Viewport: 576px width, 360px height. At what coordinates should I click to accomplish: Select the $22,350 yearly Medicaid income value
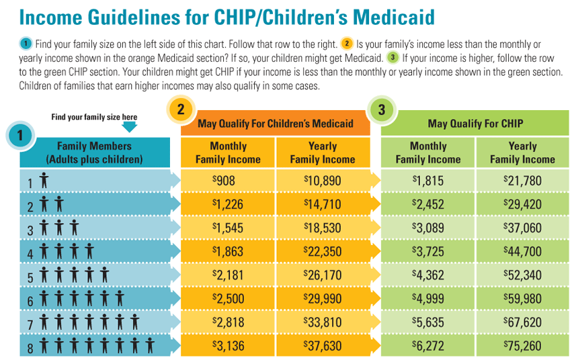point(323,252)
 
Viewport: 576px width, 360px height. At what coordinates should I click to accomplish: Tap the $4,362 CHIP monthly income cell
point(428,275)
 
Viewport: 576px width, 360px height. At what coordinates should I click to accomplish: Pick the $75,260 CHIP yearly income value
point(522,346)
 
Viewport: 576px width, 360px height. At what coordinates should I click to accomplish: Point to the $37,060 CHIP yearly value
point(522,228)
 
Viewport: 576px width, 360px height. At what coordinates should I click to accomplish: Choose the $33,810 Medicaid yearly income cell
point(323,322)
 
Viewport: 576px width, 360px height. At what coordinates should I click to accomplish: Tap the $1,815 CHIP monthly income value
point(428,181)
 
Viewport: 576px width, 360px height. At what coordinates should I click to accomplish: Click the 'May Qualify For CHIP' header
point(475,124)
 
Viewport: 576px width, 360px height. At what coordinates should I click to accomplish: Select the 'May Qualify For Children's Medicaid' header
point(276,124)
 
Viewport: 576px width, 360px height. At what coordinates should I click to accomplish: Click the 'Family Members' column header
point(95,152)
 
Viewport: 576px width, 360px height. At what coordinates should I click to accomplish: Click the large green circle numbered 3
point(381,109)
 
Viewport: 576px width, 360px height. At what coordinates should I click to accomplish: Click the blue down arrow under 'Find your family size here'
point(130,126)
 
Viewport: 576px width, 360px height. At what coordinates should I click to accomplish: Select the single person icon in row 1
point(44,181)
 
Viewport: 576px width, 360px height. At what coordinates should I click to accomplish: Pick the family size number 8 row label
point(30,348)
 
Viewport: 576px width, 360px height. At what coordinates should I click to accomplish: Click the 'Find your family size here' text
point(94,117)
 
